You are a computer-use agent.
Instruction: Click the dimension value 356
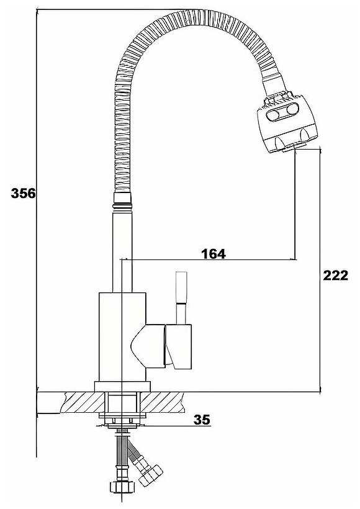pyautogui.click(x=24, y=193)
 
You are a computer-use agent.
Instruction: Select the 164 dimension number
pyautogui.click(x=213, y=253)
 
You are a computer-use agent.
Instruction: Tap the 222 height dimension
pyautogui.click(x=335, y=276)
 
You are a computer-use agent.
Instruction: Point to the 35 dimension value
pyautogui.click(x=202, y=420)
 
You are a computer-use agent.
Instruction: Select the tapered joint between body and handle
pyautogui.click(x=148, y=345)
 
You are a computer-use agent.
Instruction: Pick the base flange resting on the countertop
pyautogui.click(x=123, y=386)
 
